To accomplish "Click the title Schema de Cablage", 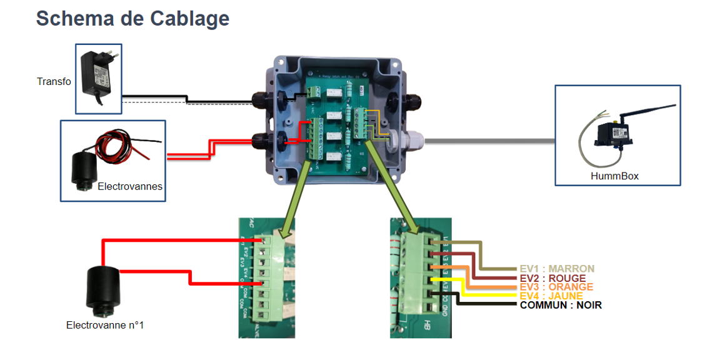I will point(133,19).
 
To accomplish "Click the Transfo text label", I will point(54,82).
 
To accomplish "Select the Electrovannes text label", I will point(130,186).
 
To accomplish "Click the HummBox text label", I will point(614,176).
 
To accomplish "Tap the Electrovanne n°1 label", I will point(105,325).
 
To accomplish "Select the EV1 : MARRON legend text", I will point(557,269).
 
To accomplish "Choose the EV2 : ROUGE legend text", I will point(553,278).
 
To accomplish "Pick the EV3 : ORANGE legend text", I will point(556,287).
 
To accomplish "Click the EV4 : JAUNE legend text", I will point(551,296).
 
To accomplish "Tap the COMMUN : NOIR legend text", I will point(561,305).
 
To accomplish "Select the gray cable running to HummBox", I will point(488,141).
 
